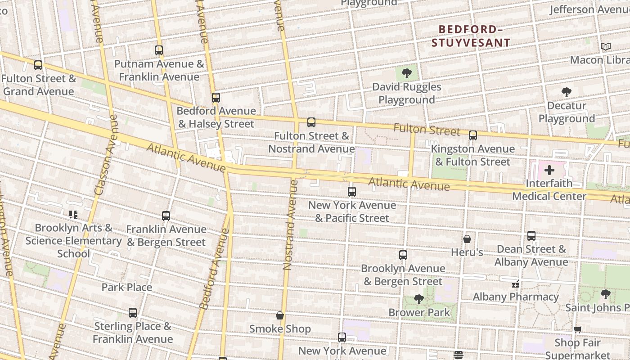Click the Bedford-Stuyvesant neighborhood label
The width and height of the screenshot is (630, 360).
(x=471, y=36)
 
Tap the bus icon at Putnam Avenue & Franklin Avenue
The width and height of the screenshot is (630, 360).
(x=159, y=50)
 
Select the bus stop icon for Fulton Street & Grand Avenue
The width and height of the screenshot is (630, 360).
(x=38, y=65)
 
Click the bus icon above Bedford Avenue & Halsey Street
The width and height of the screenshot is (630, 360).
(x=216, y=98)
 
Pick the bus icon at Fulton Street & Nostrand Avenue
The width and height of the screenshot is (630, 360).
(x=311, y=122)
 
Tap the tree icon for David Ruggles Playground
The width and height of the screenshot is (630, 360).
(x=406, y=73)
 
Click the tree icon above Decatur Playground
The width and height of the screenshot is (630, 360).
(x=567, y=93)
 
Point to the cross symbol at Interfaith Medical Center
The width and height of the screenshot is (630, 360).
(x=549, y=170)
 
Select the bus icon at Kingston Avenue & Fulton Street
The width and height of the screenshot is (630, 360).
(x=472, y=135)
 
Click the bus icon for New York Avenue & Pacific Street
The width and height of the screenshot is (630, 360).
(x=352, y=192)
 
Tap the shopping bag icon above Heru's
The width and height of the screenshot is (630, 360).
(x=467, y=239)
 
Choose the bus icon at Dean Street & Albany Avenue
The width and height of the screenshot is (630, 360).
(x=531, y=236)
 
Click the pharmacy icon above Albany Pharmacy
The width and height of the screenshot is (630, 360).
(x=516, y=284)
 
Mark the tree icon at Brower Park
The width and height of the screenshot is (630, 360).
(x=418, y=299)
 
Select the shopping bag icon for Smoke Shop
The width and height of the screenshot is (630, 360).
(x=280, y=315)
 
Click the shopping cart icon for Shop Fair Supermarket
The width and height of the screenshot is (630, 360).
(x=578, y=329)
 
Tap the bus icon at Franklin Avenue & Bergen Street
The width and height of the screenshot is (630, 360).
(x=166, y=216)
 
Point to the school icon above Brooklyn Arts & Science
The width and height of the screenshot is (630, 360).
(x=73, y=215)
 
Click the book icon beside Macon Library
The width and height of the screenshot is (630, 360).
(x=606, y=47)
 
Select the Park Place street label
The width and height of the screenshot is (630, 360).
(x=127, y=287)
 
